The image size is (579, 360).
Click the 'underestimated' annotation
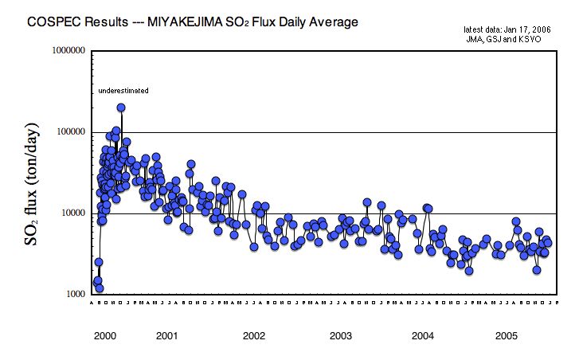click(123, 91)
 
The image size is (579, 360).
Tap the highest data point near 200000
click(121, 108)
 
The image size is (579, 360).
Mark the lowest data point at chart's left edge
click(100, 288)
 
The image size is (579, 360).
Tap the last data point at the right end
click(547, 244)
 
